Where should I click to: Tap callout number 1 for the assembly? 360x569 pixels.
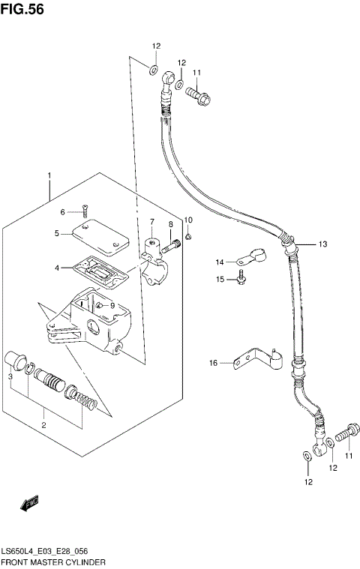[x=49, y=176]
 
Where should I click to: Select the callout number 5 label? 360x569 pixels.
[x=56, y=233]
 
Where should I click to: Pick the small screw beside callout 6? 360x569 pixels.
[x=85, y=211]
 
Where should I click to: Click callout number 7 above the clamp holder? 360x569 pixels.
[x=151, y=222]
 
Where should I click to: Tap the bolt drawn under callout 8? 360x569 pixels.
[x=173, y=242]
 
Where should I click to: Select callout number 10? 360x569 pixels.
[x=188, y=220]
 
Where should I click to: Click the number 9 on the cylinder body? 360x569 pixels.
[x=112, y=305]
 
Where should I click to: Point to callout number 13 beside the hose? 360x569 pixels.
[x=322, y=244]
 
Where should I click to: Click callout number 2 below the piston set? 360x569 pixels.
[x=43, y=425]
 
